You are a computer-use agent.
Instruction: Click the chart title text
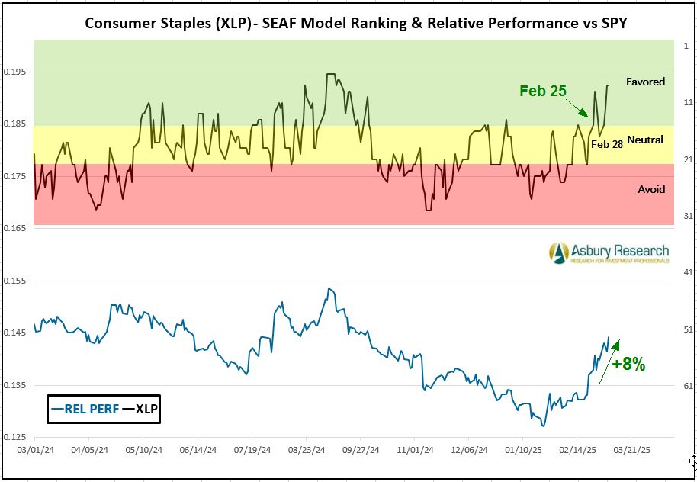tap(355, 22)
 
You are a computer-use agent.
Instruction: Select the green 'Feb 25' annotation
tap(542, 91)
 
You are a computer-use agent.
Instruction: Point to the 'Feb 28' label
tap(607, 143)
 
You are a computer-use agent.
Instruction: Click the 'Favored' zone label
tap(645, 82)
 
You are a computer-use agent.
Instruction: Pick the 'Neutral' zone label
tap(647, 140)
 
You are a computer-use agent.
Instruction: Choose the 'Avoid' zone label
tap(651, 189)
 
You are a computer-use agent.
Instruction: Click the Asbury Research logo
tap(609, 253)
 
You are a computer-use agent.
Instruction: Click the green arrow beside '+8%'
tap(610, 360)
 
